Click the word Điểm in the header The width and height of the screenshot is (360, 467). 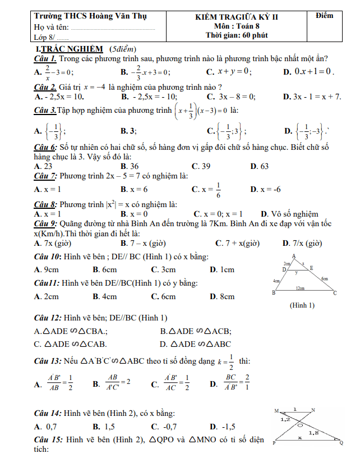[x=324, y=16]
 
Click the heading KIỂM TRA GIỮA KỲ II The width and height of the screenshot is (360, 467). [x=236, y=17]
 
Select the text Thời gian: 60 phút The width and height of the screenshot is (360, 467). [x=237, y=35]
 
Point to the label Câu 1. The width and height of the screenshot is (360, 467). [x=44, y=58]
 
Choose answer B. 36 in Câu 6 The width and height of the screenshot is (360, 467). [x=130, y=166]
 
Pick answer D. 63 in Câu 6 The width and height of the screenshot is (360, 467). [x=259, y=166]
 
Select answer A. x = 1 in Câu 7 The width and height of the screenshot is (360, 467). [x=48, y=190]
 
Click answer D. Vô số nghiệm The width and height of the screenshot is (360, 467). [x=289, y=214]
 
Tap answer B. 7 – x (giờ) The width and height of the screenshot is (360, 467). [x=142, y=243]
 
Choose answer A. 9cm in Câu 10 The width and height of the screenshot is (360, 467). [x=47, y=269]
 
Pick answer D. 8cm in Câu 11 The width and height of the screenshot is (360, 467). [x=222, y=296]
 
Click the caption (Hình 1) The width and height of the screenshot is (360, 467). [x=302, y=305]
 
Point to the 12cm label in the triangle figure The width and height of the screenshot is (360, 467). [x=301, y=288]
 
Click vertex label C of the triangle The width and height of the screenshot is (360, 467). [x=335, y=293]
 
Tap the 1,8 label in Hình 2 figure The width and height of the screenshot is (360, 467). [x=314, y=432]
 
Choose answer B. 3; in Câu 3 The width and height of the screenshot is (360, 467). [x=129, y=131]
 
